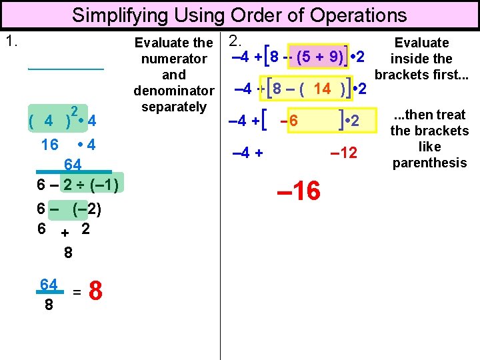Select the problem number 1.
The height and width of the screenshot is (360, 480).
click(x=11, y=41)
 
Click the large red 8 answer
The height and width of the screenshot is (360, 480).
click(x=96, y=291)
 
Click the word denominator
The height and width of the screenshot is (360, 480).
click(x=174, y=91)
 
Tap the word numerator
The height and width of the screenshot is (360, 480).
click(x=174, y=59)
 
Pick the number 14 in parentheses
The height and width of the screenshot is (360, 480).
click(x=322, y=89)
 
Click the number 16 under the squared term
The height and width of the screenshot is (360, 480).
click(x=49, y=145)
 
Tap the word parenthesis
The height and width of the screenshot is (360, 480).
click(x=430, y=162)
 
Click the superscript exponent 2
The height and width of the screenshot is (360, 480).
click(x=75, y=111)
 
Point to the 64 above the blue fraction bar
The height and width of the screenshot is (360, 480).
click(x=73, y=164)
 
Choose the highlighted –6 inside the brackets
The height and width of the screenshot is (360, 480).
click(x=289, y=121)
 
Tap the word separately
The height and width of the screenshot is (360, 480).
click(x=174, y=107)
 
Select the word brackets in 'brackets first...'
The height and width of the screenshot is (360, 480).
click(x=404, y=75)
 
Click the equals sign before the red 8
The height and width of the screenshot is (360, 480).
click(x=77, y=291)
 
